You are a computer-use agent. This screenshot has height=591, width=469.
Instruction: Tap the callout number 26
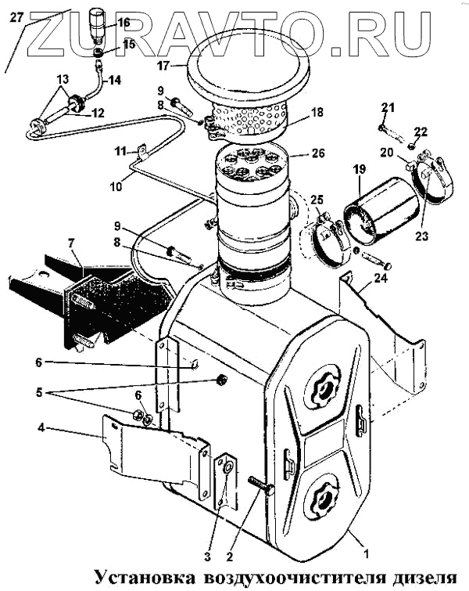click(317, 153)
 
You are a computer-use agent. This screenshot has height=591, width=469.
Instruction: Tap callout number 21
click(388, 107)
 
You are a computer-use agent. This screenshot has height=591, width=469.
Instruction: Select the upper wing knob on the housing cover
click(323, 384)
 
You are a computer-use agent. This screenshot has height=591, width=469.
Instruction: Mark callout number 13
click(63, 79)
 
